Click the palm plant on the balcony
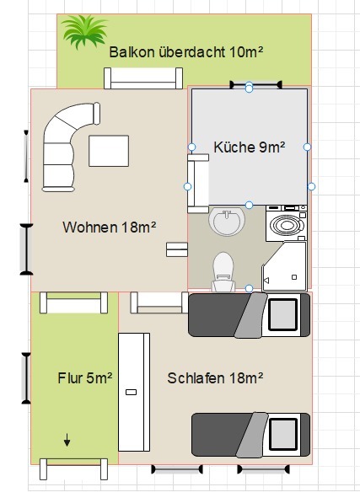pos(84,32)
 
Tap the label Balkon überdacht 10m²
pos(186,52)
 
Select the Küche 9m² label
pos(250,147)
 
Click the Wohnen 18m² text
pos(110,227)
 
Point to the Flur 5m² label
pos(85,378)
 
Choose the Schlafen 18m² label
pos(215,378)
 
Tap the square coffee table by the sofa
pos(109,151)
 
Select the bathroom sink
pos(227,221)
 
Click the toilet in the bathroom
pos(223,272)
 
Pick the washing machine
pos(287,223)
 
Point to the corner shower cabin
pos(284,267)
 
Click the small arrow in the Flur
pos(67,440)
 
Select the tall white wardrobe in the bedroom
pos(134,392)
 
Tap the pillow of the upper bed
pos(282,315)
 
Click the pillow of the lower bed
pos(282,435)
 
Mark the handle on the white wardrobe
pos(131,392)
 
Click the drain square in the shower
pos(294,277)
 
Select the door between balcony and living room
pos(143,78)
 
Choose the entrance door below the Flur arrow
pos(73,469)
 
